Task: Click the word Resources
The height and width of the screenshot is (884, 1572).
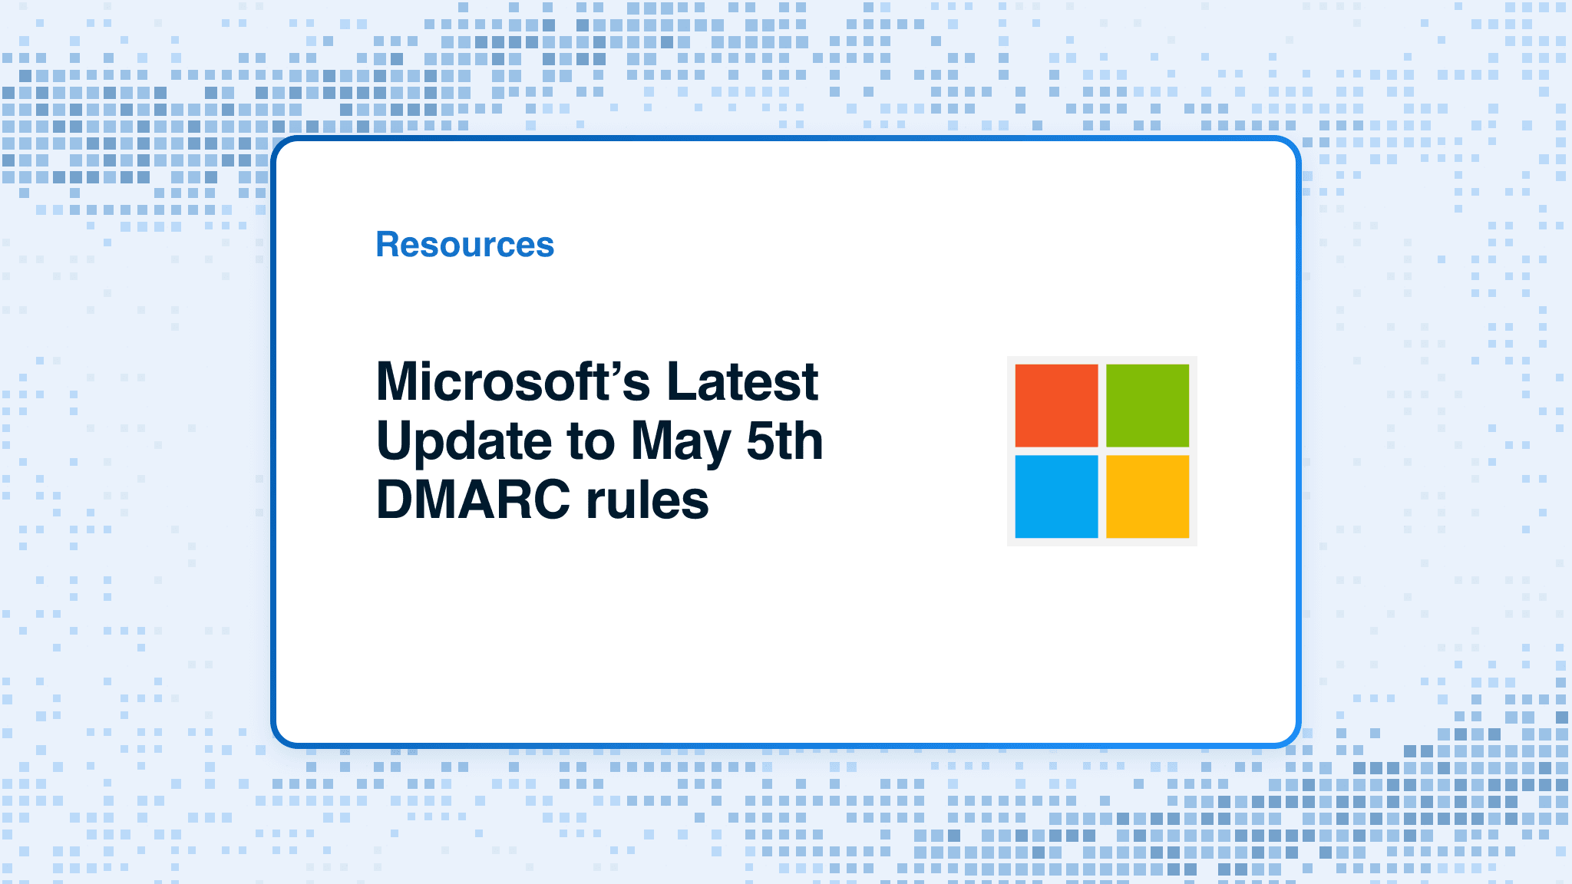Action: (464, 245)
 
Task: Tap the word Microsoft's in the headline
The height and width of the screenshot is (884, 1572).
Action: (514, 381)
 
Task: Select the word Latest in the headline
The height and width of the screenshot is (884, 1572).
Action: (742, 381)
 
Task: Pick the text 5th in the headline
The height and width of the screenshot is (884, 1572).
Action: (784, 440)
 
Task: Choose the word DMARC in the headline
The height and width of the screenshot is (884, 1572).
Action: (474, 500)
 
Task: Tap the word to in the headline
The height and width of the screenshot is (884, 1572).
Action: (591, 442)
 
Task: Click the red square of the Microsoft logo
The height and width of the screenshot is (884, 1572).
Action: (1056, 405)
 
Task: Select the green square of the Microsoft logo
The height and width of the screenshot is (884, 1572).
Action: (1148, 405)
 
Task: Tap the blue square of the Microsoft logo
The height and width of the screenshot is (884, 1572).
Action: (1056, 496)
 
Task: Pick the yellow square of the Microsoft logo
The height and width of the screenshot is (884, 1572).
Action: (1148, 496)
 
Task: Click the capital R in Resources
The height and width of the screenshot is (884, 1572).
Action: (389, 245)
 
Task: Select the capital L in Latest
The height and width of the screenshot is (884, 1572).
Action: (682, 381)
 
